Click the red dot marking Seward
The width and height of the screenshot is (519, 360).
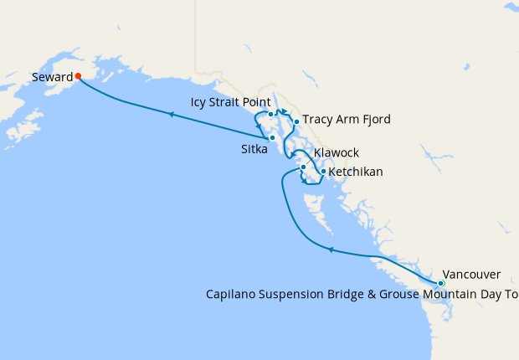[78, 75]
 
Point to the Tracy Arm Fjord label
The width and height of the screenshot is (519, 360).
[346, 120]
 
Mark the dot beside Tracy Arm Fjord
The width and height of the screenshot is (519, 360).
[296, 121]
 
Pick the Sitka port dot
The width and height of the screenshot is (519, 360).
[272, 137]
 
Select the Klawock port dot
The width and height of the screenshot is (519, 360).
[303, 167]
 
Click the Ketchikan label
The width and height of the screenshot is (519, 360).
[356, 172]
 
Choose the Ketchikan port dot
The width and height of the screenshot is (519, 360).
[323, 172]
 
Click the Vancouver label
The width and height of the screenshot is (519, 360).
[471, 275]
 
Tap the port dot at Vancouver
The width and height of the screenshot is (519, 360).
[441, 284]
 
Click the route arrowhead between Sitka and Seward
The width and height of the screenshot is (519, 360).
[171, 115]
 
